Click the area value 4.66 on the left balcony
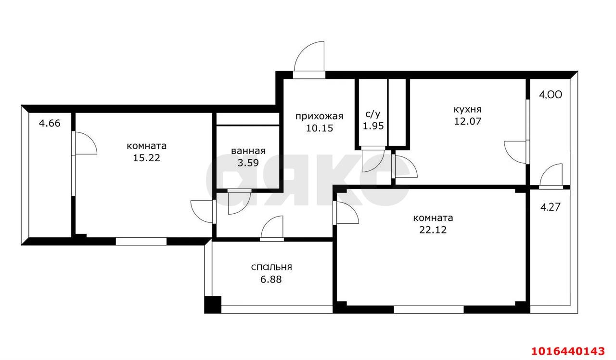click(50, 123)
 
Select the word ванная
click(248, 151)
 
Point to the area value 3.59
click(248, 162)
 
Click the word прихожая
click(319, 116)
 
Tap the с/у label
click(372, 114)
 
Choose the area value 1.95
click(372, 125)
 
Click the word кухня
click(467, 109)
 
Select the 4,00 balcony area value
click(550, 95)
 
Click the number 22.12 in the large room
click(433, 230)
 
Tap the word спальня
click(271, 267)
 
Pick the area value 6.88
click(271, 279)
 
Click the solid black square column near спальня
click(212, 305)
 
